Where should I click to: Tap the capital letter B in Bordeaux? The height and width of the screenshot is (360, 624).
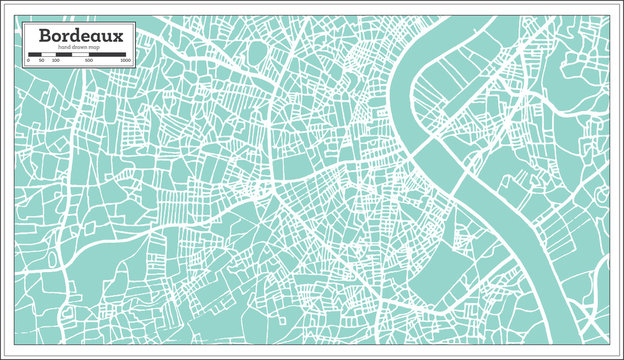click(x=45, y=36)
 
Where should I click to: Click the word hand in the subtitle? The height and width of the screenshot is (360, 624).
click(x=64, y=48)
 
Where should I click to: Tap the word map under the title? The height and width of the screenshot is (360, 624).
click(x=93, y=48)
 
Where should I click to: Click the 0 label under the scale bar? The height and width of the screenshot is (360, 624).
click(x=27, y=61)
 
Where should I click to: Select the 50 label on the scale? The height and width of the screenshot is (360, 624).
click(x=41, y=61)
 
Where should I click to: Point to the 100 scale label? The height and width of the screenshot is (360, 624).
click(x=55, y=61)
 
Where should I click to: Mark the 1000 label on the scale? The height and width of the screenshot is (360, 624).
click(x=125, y=61)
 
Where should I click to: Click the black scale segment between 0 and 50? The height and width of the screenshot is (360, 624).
click(x=34, y=54)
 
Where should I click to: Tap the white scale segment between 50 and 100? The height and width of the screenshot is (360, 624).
click(x=48, y=54)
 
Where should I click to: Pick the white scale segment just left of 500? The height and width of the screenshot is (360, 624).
click(x=80, y=54)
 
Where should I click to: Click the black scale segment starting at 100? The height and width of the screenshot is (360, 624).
click(x=62, y=54)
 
